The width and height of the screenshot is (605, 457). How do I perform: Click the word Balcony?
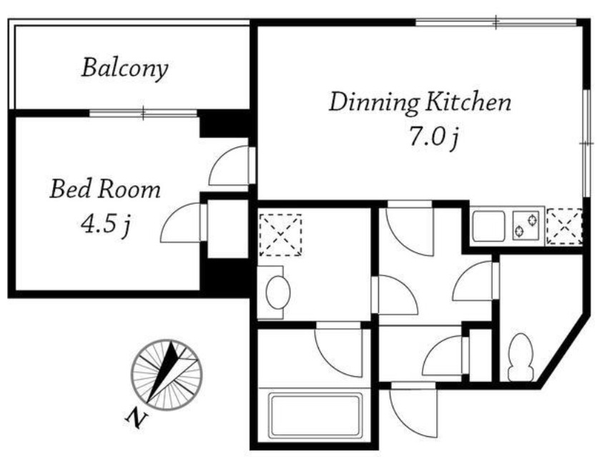[124, 69]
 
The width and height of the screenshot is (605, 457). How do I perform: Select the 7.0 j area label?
[433, 138]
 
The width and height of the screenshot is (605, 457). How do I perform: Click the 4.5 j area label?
[105, 225]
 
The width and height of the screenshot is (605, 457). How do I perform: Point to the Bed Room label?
[105, 189]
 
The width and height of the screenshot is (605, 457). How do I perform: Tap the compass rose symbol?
[167, 375]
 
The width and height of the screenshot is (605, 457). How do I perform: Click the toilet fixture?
[521, 358]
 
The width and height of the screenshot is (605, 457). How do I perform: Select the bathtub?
[315, 416]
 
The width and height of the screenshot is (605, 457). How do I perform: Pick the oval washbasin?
[277, 293]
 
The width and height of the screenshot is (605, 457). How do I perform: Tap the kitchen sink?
[489, 225]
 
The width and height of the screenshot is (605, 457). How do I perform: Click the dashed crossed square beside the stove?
[564, 227]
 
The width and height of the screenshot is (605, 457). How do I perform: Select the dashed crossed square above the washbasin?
[280, 235]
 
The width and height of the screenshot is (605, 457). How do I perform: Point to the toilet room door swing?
[476, 280]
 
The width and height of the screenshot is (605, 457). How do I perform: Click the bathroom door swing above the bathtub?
[339, 349]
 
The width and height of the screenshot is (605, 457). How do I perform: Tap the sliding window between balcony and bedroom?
[143, 113]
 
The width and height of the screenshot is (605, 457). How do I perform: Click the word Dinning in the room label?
[374, 103]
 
